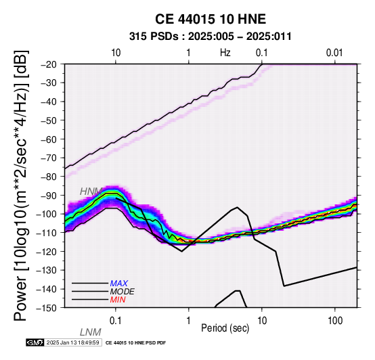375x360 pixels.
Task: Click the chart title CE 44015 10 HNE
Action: tap(211, 19)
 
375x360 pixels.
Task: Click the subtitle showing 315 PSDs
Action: tap(211, 37)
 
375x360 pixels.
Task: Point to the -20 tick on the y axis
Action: tap(52, 64)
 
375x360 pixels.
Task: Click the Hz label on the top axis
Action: tap(225, 53)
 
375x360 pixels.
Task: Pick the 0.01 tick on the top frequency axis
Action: tap(334, 53)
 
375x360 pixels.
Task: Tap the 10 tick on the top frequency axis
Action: tap(116, 53)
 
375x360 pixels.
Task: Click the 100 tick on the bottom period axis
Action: tap(335, 321)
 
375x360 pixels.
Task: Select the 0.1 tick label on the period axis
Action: tap(116, 321)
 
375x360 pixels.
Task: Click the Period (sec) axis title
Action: tap(225, 328)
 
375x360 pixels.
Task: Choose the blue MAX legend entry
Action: tap(119, 284)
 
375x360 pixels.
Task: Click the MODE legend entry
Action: tap(123, 292)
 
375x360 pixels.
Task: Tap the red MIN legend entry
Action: tap(118, 300)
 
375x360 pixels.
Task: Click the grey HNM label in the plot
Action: tap(91, 192)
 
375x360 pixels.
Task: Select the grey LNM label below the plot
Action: tap(91, 332)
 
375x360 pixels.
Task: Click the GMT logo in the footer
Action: tap(35, 342)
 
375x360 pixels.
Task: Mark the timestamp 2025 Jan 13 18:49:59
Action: tap(72, 342)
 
